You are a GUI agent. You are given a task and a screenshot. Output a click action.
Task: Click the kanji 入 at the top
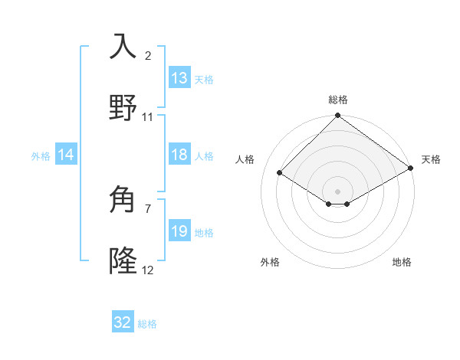click(x=123, y=46)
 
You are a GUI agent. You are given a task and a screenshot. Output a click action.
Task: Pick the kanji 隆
click(x=123, y=261)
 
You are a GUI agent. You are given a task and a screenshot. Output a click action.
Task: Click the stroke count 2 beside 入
click(x=148, y=56)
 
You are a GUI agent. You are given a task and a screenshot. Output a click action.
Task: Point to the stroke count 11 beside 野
click(x=148, y=117)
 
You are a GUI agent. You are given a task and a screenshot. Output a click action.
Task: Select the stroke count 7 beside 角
click(x=148, y=208)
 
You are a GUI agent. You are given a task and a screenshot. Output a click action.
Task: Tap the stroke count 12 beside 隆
click(x=148, y=270)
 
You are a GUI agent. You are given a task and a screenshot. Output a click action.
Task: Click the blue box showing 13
click(x=179, y=78)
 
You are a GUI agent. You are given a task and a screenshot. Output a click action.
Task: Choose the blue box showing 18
click(x=179, y=155)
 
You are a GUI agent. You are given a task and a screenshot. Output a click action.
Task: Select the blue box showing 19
click(x=179, y=231)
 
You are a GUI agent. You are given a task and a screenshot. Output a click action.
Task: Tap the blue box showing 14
click(x=66, y=155)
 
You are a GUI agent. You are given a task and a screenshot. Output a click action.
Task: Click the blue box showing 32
click(x=123, y=322)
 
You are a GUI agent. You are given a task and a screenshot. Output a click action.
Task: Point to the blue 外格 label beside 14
click(x=41, y=155)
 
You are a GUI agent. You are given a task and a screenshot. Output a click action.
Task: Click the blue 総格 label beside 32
click(x=147, y=324)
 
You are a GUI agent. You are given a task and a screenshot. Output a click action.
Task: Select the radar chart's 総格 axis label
click(x=338, y=100)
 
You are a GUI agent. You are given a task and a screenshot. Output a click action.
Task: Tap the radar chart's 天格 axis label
click(x=431, y=159)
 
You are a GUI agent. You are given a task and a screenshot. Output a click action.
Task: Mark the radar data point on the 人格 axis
click(x=280, y=172)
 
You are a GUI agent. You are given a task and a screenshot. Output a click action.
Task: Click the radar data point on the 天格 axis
click(x=411, y=169)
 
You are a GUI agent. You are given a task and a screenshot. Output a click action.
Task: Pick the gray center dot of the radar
click(x=338, y=191)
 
